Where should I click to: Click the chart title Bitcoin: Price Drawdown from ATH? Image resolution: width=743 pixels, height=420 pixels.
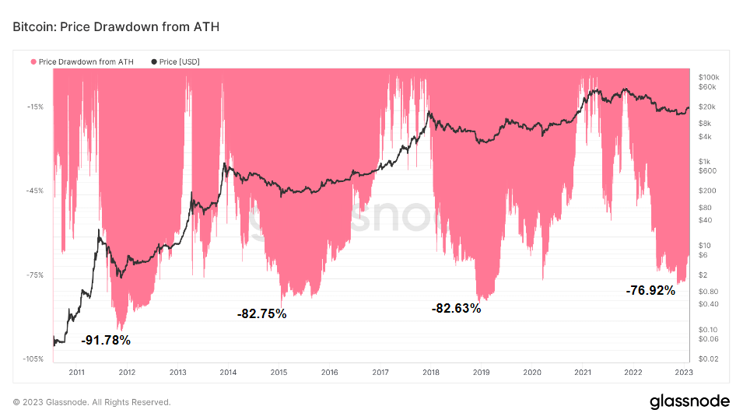[116, 27]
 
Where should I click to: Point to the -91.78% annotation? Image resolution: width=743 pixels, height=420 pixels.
[106, 340]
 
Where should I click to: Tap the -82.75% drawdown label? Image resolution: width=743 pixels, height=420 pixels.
[261, 314]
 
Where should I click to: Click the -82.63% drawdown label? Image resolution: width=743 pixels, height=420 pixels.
[456, 309]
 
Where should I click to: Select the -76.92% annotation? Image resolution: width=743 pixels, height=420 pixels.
[650, 291]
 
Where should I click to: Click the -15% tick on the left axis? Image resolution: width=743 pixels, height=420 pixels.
[33, 107]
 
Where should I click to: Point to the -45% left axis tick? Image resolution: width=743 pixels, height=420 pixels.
[33, 191]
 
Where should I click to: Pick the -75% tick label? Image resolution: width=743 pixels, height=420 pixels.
[33, 275]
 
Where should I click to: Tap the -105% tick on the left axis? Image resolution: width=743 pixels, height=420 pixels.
[32, 359]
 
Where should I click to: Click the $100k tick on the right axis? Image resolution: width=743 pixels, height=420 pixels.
[709, 78]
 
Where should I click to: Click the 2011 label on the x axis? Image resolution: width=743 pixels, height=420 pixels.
[76, 373]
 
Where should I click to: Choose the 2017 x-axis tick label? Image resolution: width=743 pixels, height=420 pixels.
[380, 373]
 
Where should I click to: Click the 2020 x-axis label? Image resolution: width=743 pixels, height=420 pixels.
[531, 373]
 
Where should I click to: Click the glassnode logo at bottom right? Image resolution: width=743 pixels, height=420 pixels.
[689, 401]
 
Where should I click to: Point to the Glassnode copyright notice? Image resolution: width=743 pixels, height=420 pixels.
[92, 402]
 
